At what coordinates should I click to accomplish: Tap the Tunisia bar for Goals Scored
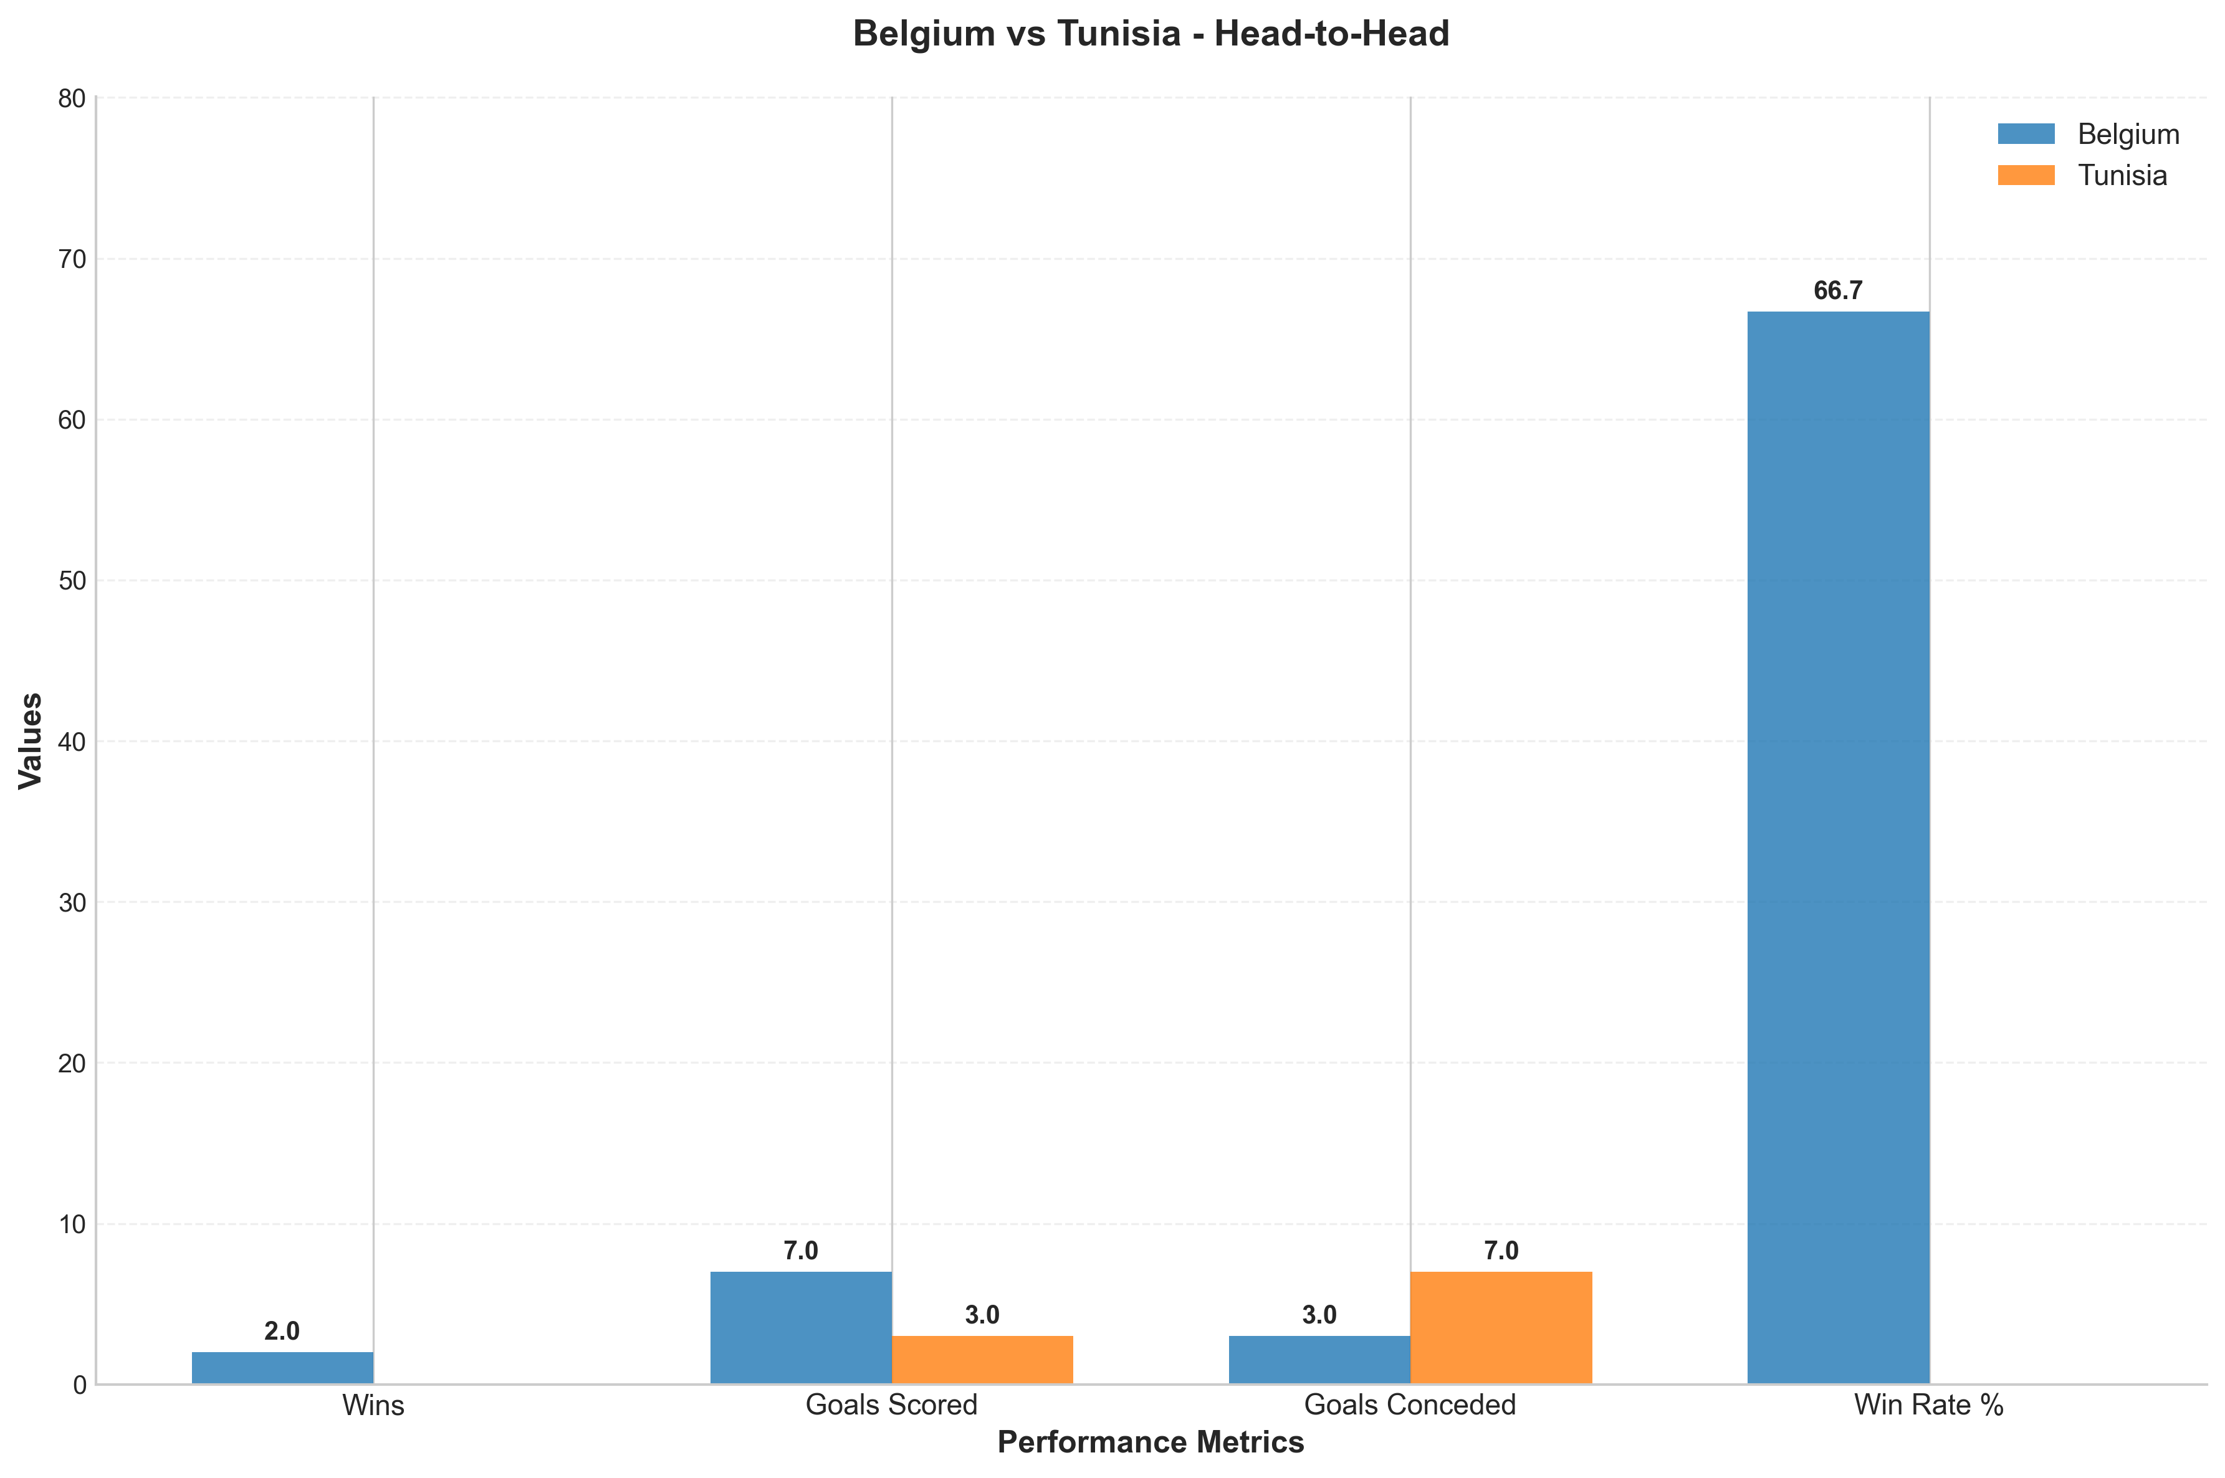click(982, 1360)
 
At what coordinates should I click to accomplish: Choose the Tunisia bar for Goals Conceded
click(1501, 1328)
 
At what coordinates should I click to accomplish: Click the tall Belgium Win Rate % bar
click(1839, 847)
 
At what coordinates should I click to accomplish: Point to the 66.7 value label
click(1839, 290)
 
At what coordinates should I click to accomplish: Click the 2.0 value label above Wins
click(282, 1331)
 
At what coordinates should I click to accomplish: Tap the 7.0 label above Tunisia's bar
click(1501, 1251)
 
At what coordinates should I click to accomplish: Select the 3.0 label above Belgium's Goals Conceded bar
click(1319, 1315)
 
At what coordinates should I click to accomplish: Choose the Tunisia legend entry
click(2082, 175)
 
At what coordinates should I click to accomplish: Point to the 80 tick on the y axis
click(72, 98)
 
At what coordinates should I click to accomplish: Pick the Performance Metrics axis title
click(1151, 1442)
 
